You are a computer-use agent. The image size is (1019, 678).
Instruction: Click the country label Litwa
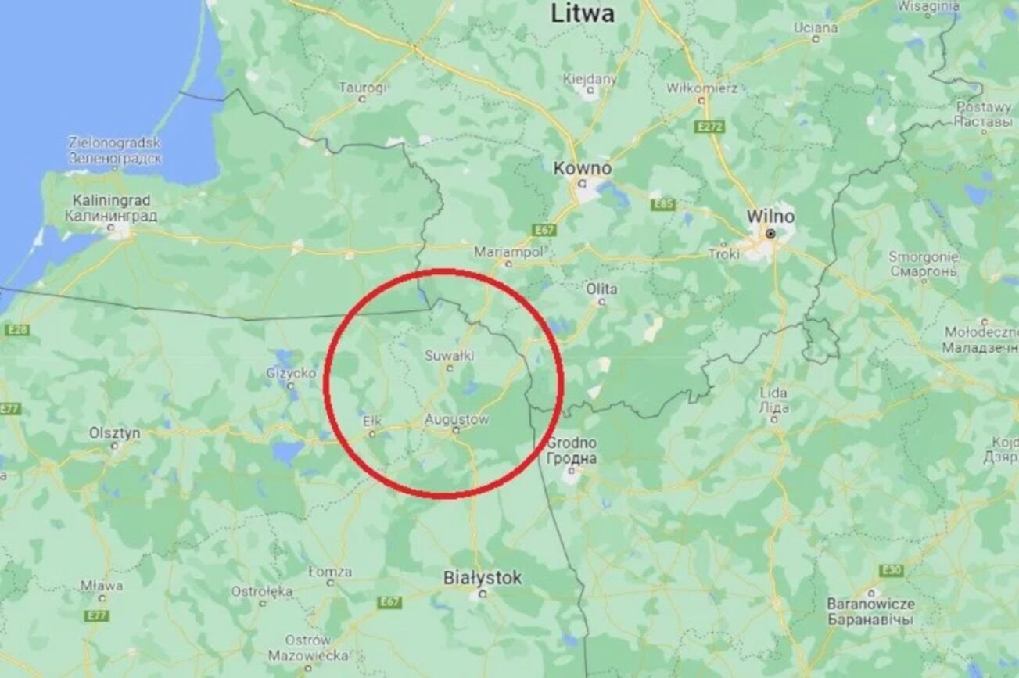[583, 13]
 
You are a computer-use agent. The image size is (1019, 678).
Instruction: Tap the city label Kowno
[583, 168]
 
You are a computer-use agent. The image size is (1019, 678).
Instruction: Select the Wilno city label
[770, 216]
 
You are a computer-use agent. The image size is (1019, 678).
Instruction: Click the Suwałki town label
[449, 356]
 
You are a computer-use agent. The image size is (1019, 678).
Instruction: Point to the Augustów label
[456, 420]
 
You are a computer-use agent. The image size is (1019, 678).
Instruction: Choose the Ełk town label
[371, 422]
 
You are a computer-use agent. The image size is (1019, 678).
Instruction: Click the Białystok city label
[482, 579]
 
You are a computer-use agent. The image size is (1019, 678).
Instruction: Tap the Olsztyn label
[114, 432]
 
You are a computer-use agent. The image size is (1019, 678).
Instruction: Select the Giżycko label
[290, 373]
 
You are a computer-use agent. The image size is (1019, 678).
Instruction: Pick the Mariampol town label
[508, 253]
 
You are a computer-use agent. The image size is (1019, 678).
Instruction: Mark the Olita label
[601, 289]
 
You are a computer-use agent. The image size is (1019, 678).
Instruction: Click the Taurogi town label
[362, 88]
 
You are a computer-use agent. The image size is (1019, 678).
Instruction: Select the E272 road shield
[710, 125]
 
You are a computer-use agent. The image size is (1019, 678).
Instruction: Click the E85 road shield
[663, 205]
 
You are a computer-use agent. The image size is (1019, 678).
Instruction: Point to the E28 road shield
[16, 330]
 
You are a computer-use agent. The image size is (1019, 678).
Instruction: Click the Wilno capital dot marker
[770, 234]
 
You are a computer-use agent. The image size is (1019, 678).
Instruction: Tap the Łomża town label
[329, 572]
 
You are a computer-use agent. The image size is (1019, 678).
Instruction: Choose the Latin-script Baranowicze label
[871, 604]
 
